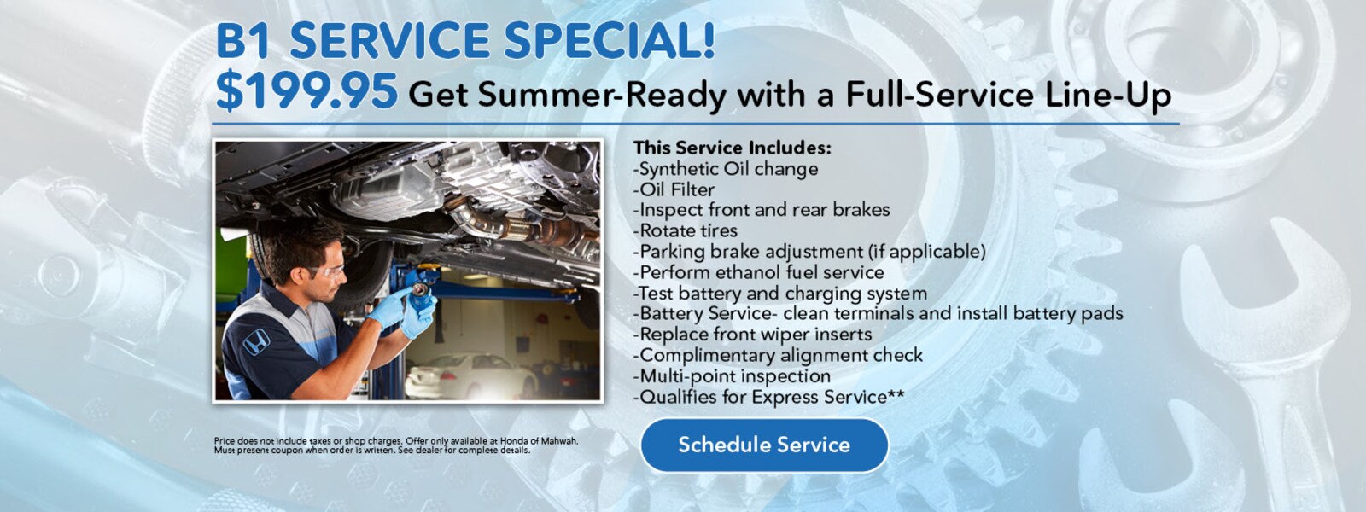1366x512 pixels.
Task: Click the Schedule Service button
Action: tap(764, 445)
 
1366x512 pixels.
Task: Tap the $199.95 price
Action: tap(306, 90)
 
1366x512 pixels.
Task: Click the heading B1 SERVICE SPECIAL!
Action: tap(465, 41)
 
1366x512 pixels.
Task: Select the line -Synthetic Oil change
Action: tap(726, 169)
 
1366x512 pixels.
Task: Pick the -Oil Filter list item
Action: tap(674, 189)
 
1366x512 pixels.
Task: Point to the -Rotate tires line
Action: tap(685, 230)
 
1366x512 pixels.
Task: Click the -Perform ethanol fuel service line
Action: tap(758, 272)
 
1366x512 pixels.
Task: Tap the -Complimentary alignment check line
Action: tap(778, 355)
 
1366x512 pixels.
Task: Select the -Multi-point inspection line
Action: tap(732, 375)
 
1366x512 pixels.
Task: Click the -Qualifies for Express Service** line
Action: tap(768, 397)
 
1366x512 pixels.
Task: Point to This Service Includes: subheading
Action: tap(732, 148)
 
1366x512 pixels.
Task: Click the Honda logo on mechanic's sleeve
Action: tap(255, 343)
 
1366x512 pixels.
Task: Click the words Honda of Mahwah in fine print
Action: tap(539, 441)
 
